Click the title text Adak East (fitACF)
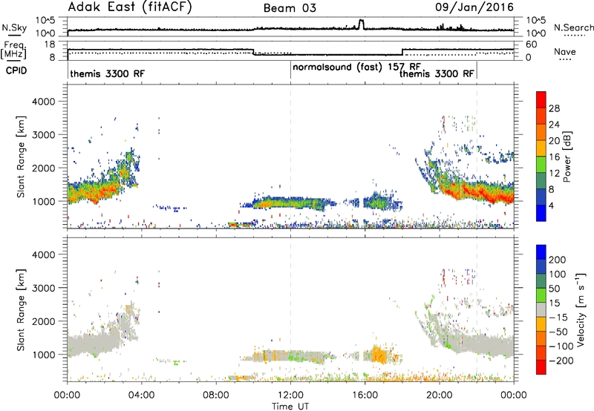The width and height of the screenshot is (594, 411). pyautogui.click(x=130, y=7)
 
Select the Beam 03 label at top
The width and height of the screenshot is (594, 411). pyautogui.click(x=290, y=8)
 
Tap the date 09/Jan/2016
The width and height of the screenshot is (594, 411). pyautogui.click(x=474, y=7)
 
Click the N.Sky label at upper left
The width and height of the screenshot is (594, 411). pyautogui.click(x=14, y=27)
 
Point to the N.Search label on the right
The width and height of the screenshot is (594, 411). pyautogui.click(x=573, y=27)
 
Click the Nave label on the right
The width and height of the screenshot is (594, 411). pyautogui.click(x=565, y=51)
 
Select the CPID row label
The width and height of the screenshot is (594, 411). pyautogui.click(x=16, y=70)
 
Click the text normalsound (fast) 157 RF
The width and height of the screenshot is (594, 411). pyautogui.click(x=357, y=68)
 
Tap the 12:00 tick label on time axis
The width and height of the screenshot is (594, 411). pyautogui.click(x=290, y=395)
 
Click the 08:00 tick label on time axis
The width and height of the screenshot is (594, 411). pyautogui.click(x=216, y=395)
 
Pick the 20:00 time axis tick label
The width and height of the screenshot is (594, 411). pyautogui.click(x=440, y=395)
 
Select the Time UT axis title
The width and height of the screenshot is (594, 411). pyautogui.click(x=290, y=407)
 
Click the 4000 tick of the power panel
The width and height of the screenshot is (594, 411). pyautogui.click(x=44, y=102)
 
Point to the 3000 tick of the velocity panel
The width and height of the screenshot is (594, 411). pyautogui.click(x=44, y=288)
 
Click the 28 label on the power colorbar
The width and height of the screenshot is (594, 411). pyautogui.click(x=554, y=108)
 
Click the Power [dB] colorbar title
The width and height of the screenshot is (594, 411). pyautogui.click(x=567, y=157)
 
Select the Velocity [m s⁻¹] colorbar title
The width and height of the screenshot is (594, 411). pyautogui.click(x=580, y=309)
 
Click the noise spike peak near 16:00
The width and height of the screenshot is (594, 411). pyautogui.click(x=361, y=21)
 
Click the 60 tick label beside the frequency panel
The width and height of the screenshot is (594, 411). pyautogui.click(x=532, y=45)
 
